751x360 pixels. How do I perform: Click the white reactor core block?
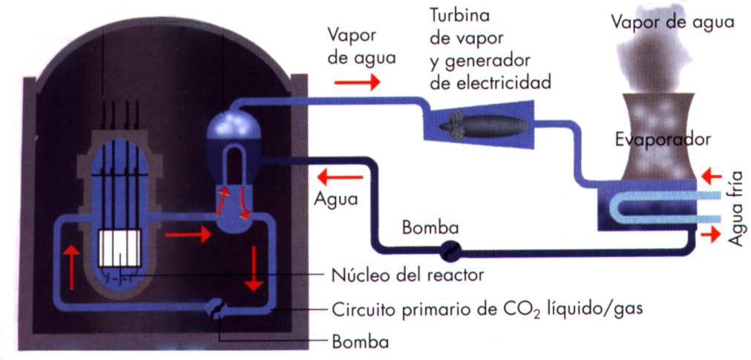pyautogui.click(x=119, y=247)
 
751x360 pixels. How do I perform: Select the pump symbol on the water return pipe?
pyautogui.click(x=449, y=251)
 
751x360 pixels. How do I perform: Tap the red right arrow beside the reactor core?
pyautogui.click(x=183, y=237)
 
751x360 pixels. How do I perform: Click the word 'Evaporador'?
pyautogui.click(x=663, y=139)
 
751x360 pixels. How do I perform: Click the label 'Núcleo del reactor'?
pyautogui.click(x=407, y=275)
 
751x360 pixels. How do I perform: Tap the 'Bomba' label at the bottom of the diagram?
pyautogui.click(x=360, y=342)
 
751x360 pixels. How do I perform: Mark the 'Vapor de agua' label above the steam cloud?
pyautogui.click(x=672, y=22)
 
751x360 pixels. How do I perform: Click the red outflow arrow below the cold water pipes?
pyautogui.click(x=712, y=235)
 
